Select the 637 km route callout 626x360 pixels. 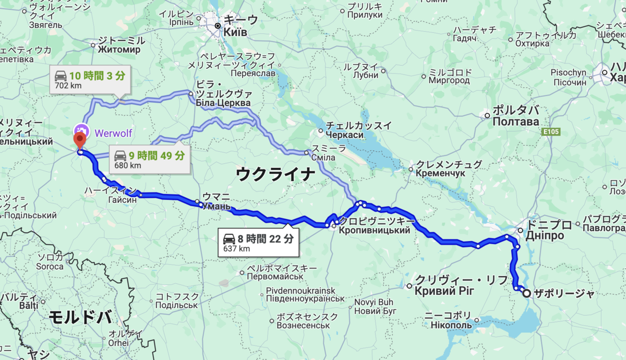pos(259,243)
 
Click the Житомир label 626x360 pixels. pos(119,50)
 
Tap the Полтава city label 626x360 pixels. pos(515,122)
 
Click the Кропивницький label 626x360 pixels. pos(374,231)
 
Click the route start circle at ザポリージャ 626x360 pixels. pos(527,293)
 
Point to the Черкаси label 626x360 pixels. pos(345,135)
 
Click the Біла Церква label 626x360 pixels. pos(223,103)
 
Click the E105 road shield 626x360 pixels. pos(551,132)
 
